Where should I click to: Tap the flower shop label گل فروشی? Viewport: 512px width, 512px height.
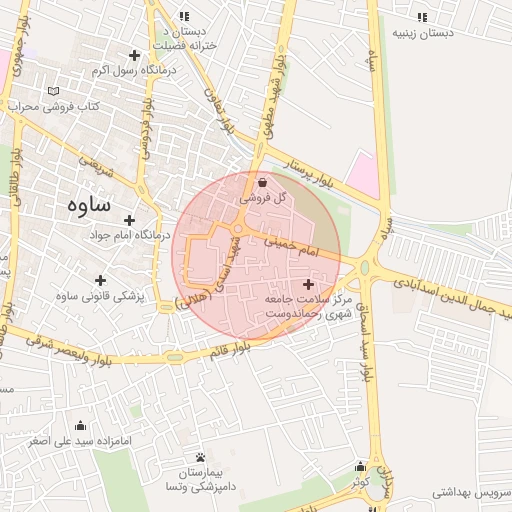point(263,199)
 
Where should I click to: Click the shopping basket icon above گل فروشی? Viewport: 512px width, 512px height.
point(263,183)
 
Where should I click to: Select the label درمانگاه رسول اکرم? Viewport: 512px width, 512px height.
point(133,71)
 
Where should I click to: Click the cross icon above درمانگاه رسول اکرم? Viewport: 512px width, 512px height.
point(134,55)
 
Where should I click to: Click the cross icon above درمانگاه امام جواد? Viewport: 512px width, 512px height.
point(131,218)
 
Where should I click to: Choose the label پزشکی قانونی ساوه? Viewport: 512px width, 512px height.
point(100,295)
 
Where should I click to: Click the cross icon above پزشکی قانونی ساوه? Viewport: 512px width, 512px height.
point(100,279)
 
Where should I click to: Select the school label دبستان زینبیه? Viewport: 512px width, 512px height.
point(422,33)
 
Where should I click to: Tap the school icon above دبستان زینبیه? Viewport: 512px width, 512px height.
point(422,17)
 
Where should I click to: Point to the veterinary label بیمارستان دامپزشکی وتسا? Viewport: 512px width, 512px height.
point(201,479)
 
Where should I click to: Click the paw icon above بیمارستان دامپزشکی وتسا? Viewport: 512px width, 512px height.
point(201,456)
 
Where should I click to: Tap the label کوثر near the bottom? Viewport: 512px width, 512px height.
point(360,481)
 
